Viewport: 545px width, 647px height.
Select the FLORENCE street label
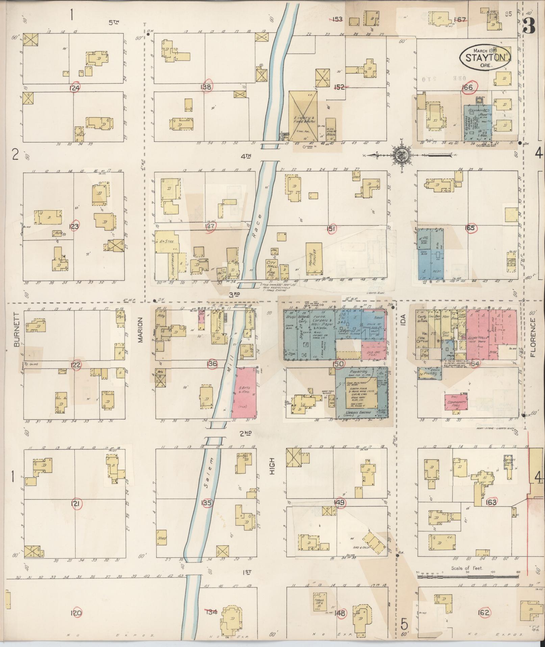pyautogui.click(x=533, y=337)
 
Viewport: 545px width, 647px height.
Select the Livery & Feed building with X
pyautogui.click(x=303, y=116)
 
